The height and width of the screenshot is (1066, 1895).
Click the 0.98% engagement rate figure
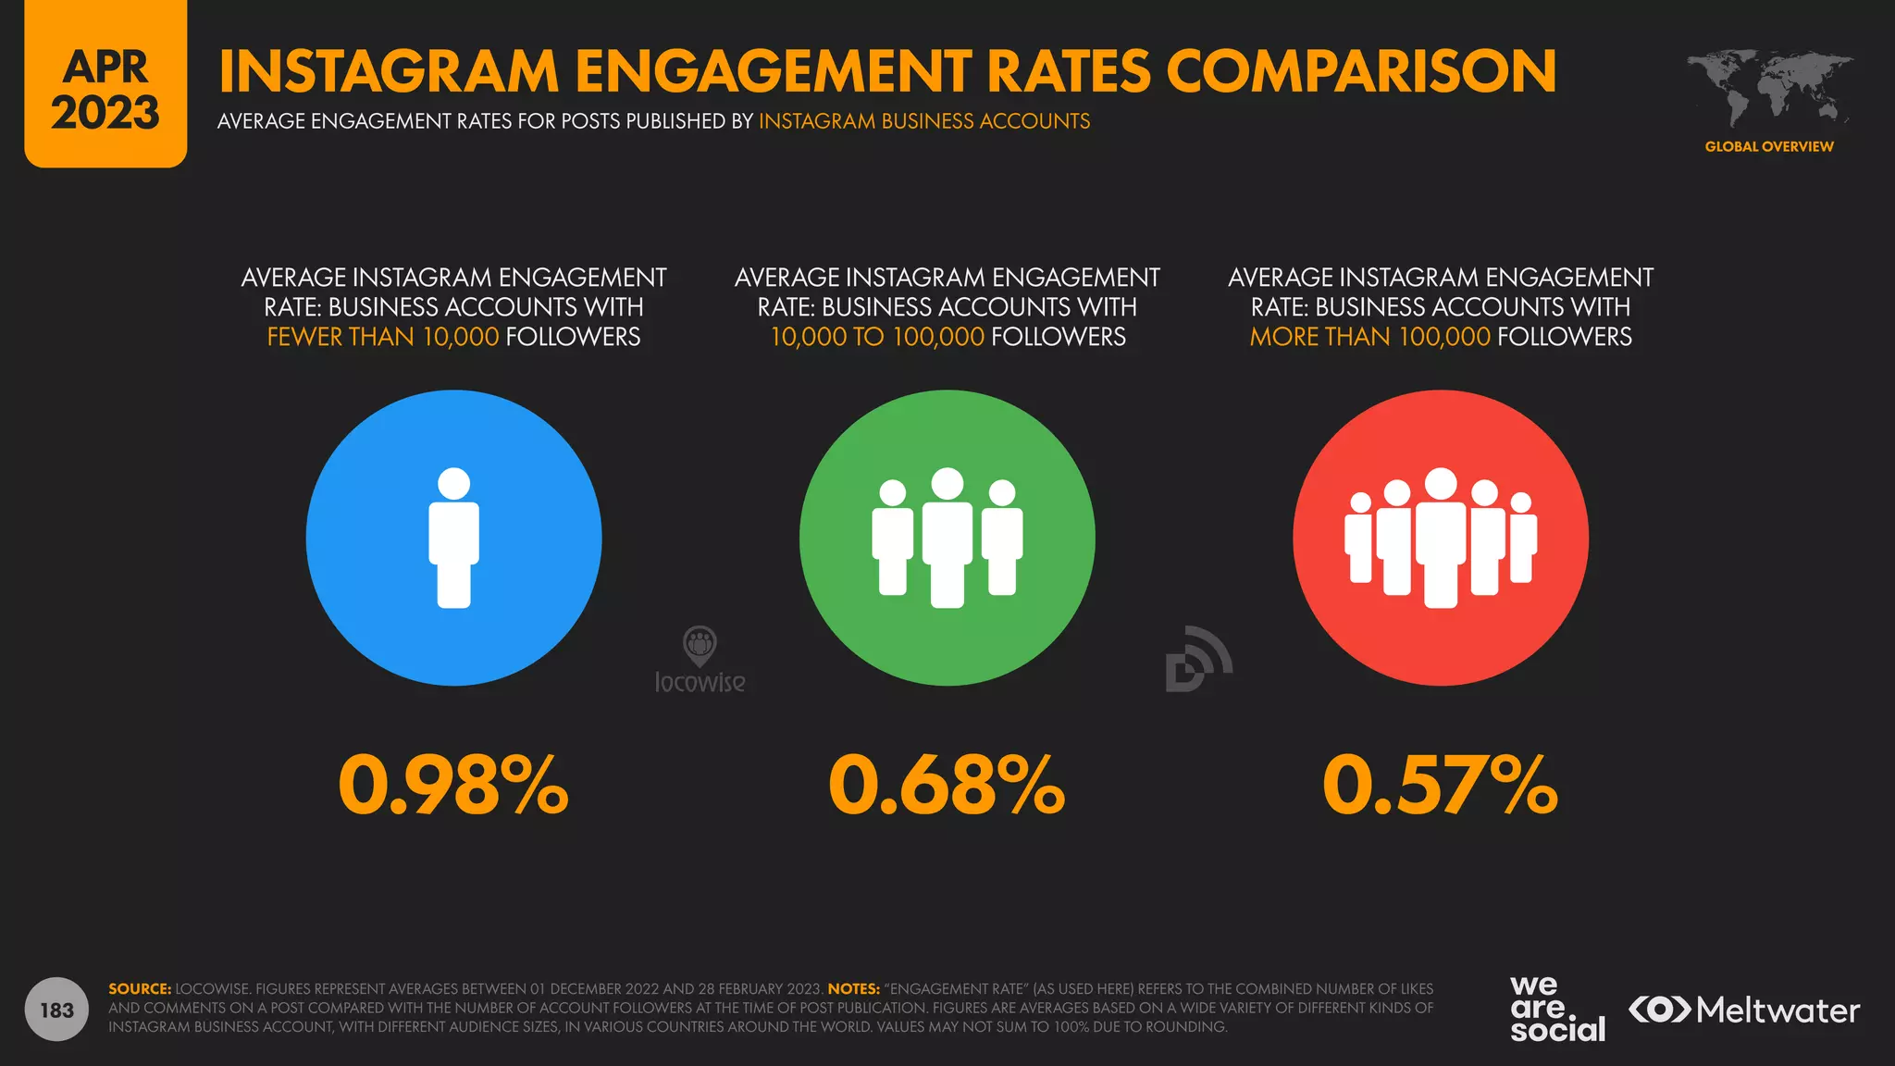coord(453,786)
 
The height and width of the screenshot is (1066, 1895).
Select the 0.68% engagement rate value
coord(947,786)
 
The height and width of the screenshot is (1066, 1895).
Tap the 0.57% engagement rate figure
coord(1440,786)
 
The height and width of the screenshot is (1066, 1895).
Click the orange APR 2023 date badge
coord(105,88)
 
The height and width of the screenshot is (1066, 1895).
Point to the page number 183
coord(56,1010)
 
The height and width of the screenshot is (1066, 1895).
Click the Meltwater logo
coord(1743,1010)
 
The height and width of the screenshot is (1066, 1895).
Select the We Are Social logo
coord(1557,1010)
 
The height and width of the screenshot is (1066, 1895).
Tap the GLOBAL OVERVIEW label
coord(1769,146)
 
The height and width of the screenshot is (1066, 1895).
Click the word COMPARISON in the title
coord(1361,71)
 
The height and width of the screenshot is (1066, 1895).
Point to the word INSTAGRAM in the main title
coord(389,71)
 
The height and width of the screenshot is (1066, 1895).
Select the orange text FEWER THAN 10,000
coord(382,337)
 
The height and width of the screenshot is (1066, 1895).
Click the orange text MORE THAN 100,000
coord(1369,337)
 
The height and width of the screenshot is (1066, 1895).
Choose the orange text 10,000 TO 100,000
coord(877,337)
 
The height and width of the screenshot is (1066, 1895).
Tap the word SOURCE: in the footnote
coord(140,989)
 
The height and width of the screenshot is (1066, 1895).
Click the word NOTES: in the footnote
coord(853,989)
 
